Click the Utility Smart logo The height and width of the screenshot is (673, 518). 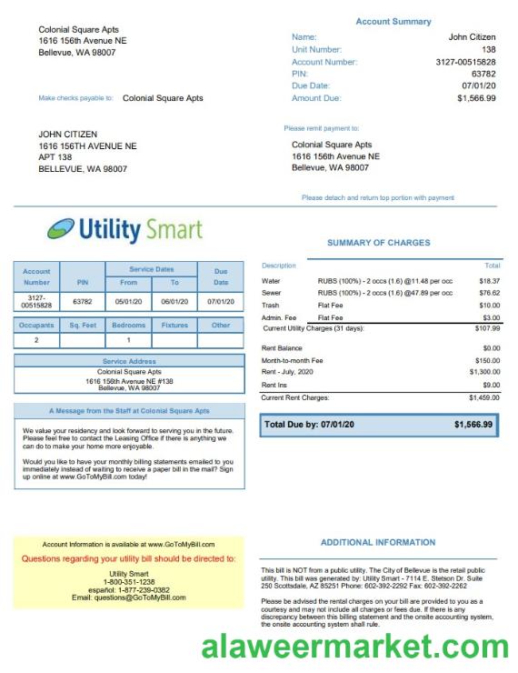point(125,228)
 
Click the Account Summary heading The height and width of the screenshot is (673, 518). point(393,21)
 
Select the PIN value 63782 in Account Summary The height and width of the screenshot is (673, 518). point(483,74)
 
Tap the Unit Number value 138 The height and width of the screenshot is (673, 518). point(489,49)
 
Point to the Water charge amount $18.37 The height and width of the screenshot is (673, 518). point(490,281)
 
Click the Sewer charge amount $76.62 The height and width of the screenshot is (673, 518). point(490,293)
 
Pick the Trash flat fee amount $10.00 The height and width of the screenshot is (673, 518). point(490,306)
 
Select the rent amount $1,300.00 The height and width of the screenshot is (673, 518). point(485,372)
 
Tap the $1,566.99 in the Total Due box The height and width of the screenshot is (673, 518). point(473,425)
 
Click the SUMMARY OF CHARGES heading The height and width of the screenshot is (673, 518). point(379,243)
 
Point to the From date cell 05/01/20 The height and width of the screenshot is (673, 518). point(128,301)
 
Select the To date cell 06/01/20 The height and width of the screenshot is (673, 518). point(174,301)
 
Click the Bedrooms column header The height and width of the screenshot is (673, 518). point(128,325)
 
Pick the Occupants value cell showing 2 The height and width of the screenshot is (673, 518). point(36,340)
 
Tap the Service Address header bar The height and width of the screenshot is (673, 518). point(129,361)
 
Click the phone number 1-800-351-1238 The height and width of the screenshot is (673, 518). point(129,582)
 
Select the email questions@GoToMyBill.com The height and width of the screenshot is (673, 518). point(129,598)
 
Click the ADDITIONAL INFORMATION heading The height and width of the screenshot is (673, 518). point(378,542)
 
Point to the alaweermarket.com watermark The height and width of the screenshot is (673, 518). point(355,647)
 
